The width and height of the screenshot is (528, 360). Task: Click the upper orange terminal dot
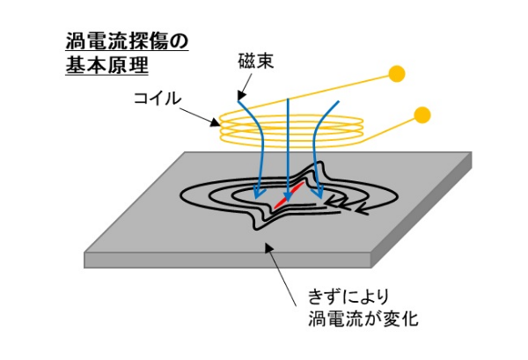tap(397, 73)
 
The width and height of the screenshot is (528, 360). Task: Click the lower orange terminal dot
tap(422, 114)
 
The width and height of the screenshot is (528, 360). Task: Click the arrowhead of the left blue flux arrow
tap(255, 191)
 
